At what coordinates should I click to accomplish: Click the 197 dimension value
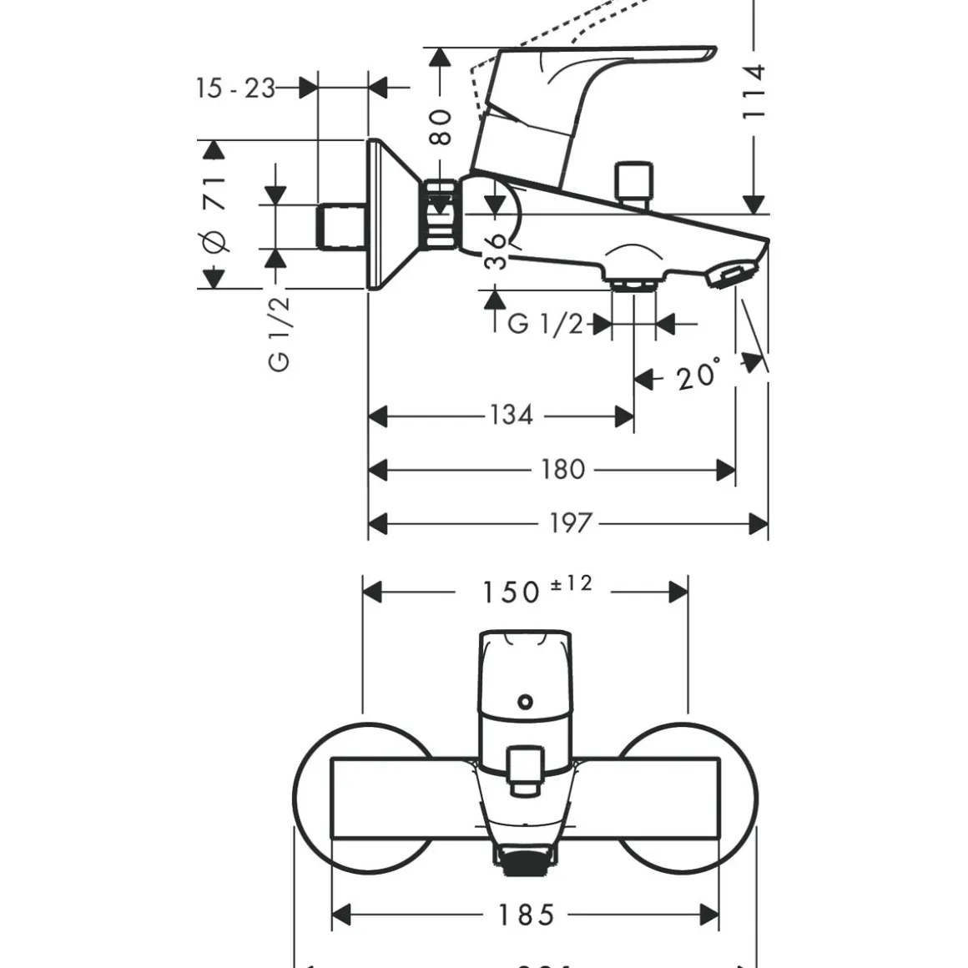pos(570,523)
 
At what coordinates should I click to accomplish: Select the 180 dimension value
pos(562,470)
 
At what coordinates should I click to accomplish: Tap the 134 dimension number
pos(510,415)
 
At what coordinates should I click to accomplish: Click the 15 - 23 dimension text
pos(235,88)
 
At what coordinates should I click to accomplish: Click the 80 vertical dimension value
pos(441,126)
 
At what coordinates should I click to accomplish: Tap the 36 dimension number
pos(496,250)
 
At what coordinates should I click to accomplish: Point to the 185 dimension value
pos(527,915)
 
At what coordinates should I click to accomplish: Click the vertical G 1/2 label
pos(280,334)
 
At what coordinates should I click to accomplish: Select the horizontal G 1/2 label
pos(546,323)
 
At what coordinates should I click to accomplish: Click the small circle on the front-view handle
pos(525,701)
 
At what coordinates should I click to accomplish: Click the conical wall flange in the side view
pos(391,214)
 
